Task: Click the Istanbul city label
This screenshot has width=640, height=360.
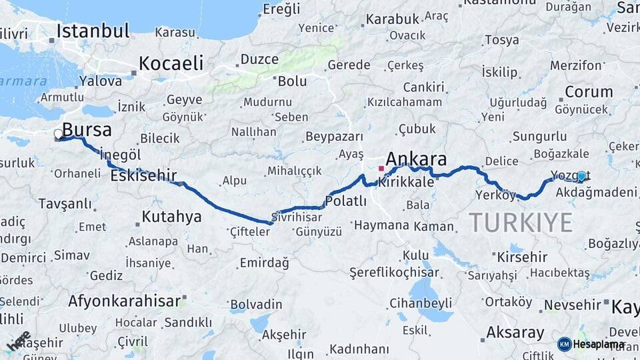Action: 93,31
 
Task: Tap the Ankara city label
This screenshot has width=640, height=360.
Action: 416,159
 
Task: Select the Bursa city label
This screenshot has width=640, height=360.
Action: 87,129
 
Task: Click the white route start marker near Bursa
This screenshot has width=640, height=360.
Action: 59,135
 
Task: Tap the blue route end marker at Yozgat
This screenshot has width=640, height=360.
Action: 581,177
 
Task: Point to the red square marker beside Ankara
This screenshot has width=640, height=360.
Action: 381,169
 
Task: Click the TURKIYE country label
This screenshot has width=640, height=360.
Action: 521,222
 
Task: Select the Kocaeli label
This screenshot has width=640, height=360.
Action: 171,63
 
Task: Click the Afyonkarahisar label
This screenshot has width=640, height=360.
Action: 124,301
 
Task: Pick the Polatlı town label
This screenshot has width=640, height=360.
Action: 345,201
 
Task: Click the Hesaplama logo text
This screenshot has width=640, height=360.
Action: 599,345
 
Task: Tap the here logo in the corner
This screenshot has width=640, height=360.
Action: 19,341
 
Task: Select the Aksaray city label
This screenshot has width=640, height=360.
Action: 515,332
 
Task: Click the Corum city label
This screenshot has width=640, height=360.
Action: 588,92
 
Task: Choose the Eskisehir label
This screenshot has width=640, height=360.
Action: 143,177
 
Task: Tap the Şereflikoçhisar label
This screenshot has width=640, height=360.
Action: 394,273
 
